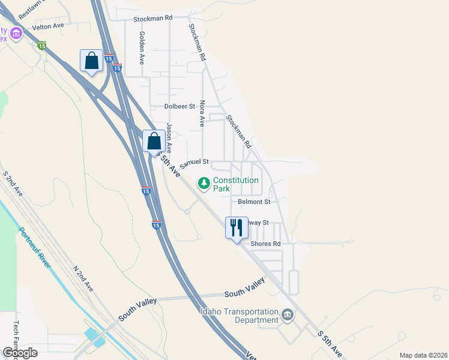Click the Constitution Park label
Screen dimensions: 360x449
[236, 184]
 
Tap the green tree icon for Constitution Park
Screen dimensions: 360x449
[204, 182]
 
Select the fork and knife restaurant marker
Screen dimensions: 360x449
[237, 228]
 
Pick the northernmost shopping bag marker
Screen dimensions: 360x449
[91, 61]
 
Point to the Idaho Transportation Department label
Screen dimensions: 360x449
[240, 316]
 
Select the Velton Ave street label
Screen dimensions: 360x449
[48, 26]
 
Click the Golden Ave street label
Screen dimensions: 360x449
[142, 48]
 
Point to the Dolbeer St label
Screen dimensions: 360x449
[180, 106]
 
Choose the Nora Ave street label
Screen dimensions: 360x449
[202, 113]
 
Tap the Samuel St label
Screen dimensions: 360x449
[194, 162]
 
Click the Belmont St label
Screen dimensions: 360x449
[254, 202]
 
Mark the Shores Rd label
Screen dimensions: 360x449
[265, 244]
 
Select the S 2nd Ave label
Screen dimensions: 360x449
[13, 184]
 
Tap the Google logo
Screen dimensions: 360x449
[20, 353]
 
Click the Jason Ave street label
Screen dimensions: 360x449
[169, 137]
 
